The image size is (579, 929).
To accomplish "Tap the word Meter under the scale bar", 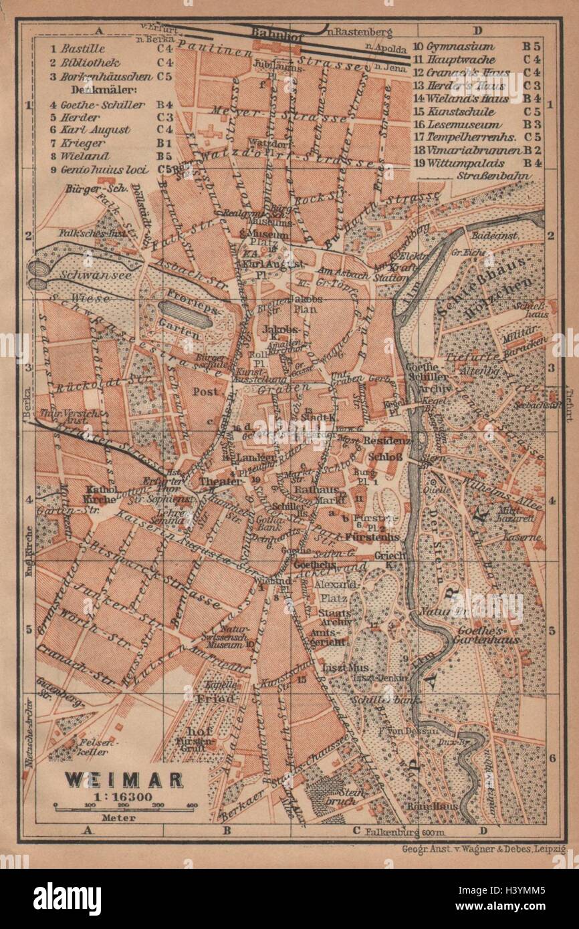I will [122, 817].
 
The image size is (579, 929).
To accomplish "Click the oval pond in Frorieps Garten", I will [185, 312].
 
